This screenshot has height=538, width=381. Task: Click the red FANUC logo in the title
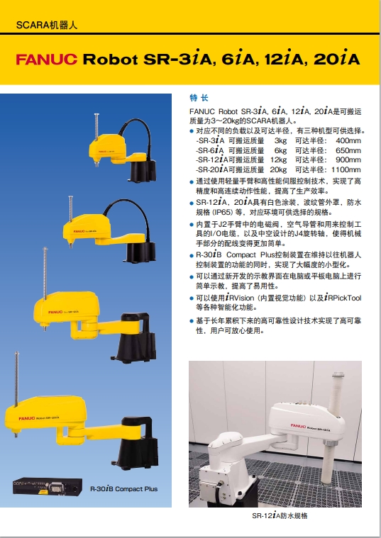coord(46,59)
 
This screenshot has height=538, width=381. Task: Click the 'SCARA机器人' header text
coord(47,25)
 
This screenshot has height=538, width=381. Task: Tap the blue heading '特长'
coord(199,98)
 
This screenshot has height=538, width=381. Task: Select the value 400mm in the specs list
coord(348,140)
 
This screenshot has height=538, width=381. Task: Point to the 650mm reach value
coord(348,150)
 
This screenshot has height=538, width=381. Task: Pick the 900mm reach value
coord(348,160)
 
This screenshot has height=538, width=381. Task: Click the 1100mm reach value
coord(346,169)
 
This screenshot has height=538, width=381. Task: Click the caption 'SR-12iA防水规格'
coord(280,516)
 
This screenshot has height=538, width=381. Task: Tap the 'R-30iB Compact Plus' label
coord(123,488)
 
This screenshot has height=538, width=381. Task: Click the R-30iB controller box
coord(48,486)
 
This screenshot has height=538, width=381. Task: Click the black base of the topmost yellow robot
coord(143,170)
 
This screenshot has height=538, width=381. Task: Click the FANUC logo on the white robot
coord(298,426)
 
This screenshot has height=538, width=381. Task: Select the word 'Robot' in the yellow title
coord(110,59)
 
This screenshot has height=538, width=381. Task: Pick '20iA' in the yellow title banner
coord(337,58)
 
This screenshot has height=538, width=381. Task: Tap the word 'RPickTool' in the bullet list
coord(345,298)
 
